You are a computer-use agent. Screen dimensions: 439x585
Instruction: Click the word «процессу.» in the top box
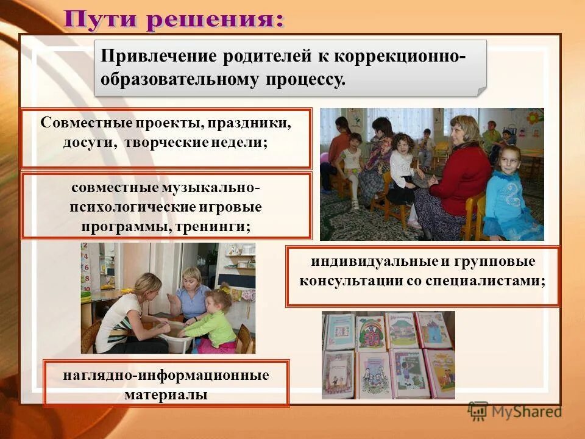[305, 79]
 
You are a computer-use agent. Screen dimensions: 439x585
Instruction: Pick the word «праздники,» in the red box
[249, 123]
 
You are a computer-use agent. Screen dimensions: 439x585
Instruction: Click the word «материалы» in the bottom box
[166, 394]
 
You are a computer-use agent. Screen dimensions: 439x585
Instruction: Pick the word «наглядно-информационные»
[166, 374]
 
